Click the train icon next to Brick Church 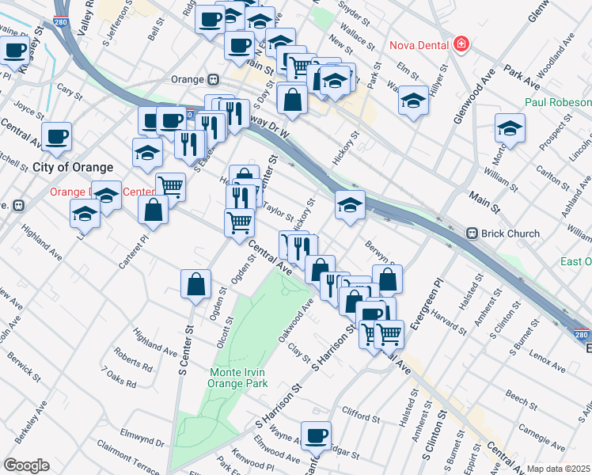[x=472, y=234]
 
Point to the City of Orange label [x=73, y=167]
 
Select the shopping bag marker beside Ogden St [x=195, y=284]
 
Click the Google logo [x=26, y=465]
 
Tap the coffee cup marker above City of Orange [x=56, y=135]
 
